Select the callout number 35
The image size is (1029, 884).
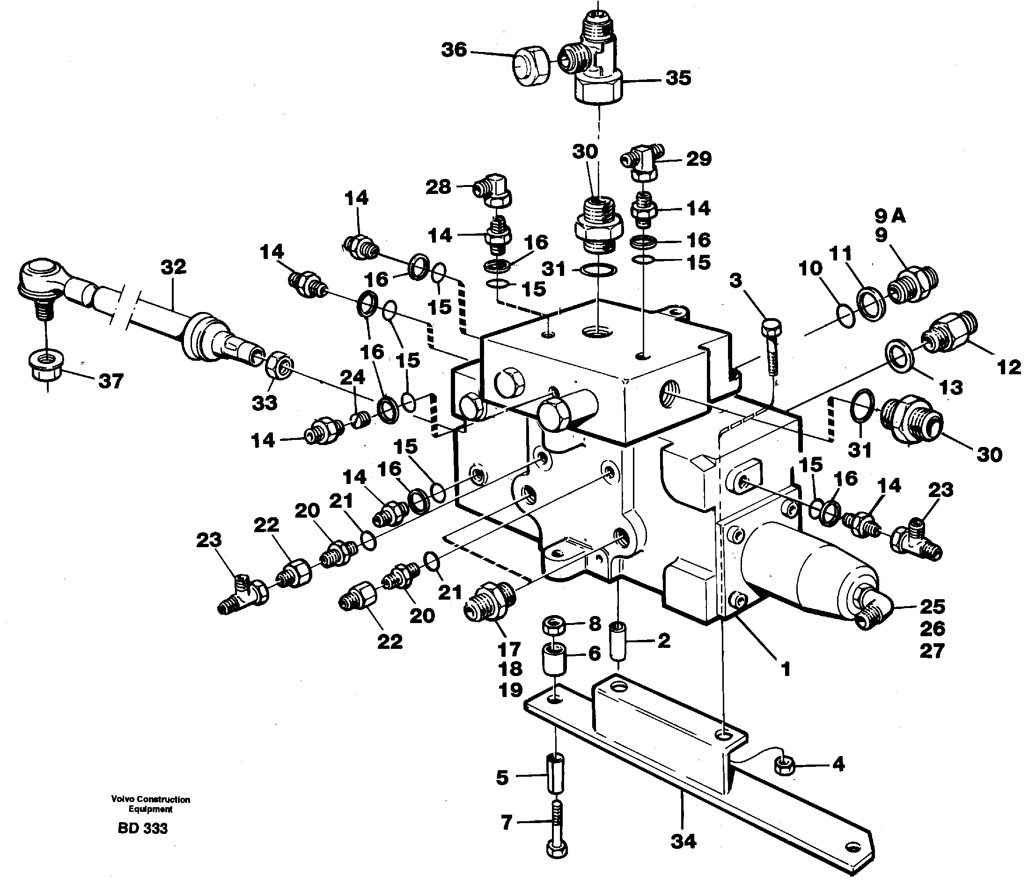point(678,78)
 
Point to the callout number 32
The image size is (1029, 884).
point(173,267)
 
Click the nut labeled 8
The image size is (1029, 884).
point(554,625)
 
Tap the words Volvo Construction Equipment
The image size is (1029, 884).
point(150,804)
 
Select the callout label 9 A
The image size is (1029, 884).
point(890,215)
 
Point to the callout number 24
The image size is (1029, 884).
point(352,377)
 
